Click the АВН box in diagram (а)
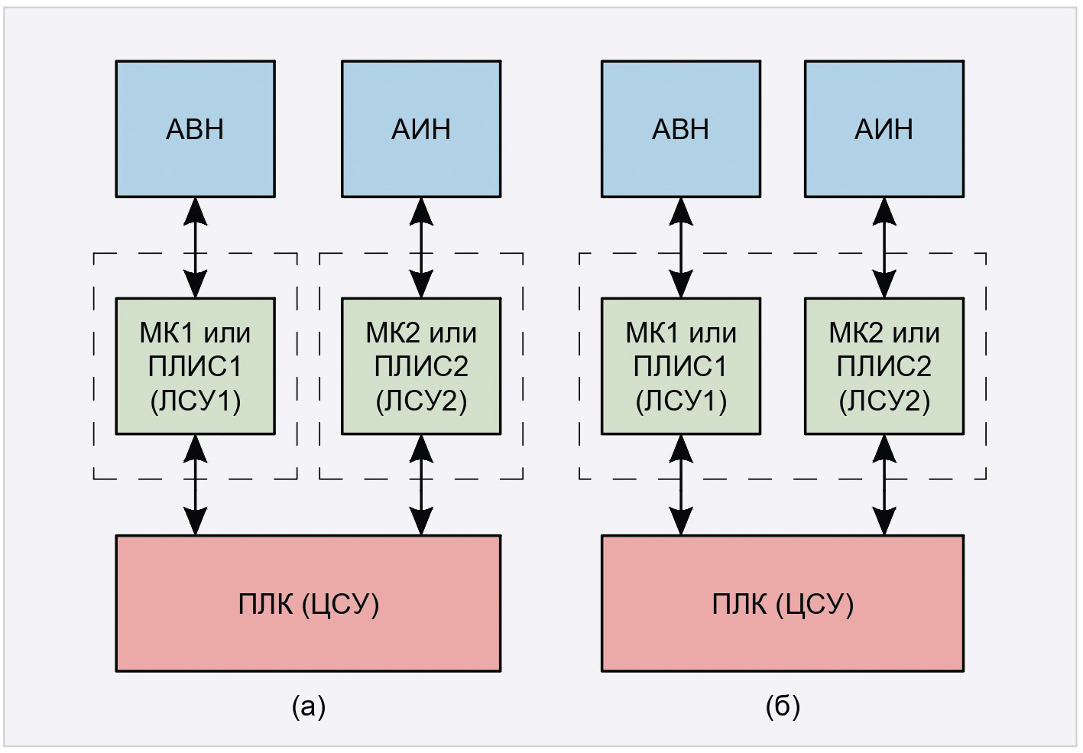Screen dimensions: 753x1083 (195, 129)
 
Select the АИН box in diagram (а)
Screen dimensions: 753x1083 (421, 129)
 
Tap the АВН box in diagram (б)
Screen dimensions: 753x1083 (681, 129)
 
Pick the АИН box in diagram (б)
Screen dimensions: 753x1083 (884, 129)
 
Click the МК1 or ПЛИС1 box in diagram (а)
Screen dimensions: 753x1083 (195, 366)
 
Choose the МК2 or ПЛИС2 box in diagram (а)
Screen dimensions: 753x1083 (421, 366)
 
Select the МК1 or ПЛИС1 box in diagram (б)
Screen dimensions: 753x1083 (681, 366)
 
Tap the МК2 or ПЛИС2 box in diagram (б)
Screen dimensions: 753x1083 (884, 366)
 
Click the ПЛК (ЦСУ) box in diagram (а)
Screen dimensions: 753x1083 (308, 603)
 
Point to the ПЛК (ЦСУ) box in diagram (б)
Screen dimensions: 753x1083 (783, 603)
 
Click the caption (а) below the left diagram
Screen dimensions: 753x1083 (309, 706)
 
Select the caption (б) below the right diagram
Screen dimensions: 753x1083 (783, 706)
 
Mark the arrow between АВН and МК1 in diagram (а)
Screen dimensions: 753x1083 (196, 248)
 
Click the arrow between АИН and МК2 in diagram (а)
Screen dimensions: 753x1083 (421, 248)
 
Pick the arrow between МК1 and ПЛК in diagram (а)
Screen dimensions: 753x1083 (196, 485)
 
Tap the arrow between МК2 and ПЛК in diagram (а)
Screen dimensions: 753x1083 (421, 485)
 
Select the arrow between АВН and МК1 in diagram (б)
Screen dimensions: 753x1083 (681, 248)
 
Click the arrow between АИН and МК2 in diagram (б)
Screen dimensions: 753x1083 (884, 248)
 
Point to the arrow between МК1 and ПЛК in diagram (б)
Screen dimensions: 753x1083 (681, 485)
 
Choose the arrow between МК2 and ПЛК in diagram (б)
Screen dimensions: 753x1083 (884, 485)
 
